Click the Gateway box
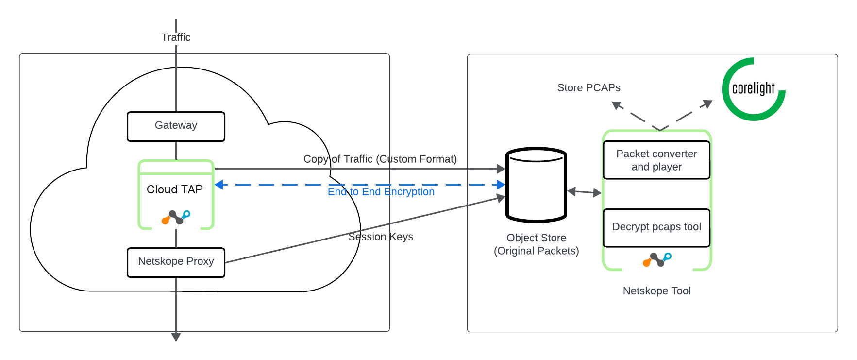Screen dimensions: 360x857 click(176, 126)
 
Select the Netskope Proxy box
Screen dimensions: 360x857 click(176, 262)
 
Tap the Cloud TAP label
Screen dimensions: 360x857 click(175, 189)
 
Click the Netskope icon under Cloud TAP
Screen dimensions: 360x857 click(176, 217)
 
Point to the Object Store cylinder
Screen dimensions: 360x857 click(536, 185)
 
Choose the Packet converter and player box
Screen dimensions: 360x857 click(656, 160)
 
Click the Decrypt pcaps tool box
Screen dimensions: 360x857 click(656, 227)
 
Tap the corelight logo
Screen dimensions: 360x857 click(753, 89)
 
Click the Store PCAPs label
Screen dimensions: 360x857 click(588, 88)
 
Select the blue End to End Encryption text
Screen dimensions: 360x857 click(381, 192)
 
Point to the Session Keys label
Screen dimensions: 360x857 click(381, 237)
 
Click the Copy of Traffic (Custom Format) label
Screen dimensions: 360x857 click(380, 159)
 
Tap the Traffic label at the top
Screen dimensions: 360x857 click(176, 37)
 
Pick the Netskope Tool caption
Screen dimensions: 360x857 click(656, 291)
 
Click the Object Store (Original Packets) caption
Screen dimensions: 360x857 click(536, 244)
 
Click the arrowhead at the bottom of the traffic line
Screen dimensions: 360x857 click(176, 337)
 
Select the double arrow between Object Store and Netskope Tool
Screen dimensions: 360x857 click(584, 192)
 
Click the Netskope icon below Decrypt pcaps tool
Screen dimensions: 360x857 click(657, 259)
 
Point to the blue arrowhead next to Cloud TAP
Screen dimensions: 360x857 click(219, 185)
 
